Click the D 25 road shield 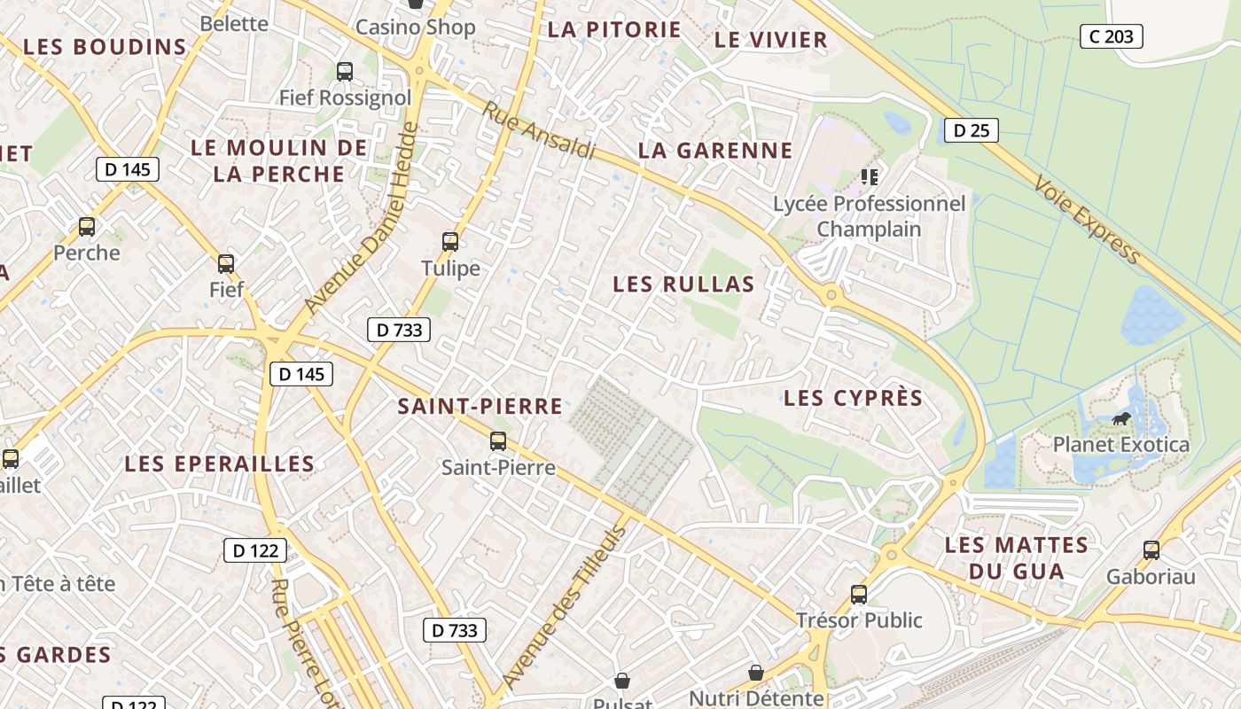coord(971,130)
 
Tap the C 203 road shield coord(1111,36)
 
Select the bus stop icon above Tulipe coord(450,241)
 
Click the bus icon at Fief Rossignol coord(345,72)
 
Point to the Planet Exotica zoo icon coord(1121,418)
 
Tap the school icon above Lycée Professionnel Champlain coord(869,177)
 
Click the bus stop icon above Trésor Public coord(858,594)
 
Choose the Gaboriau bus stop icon coord(1151,549)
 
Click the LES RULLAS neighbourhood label coord(683,284)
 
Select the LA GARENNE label coord(715,151)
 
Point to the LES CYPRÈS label coord(853,399)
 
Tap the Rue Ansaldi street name coord(539,131)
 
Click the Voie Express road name coord(1086,219)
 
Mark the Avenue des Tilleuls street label coord(564,606)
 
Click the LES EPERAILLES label coord(219,464)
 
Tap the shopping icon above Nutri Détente coord(756,674)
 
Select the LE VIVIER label coord(770,40)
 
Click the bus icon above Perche coord(87,227)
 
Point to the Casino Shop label coord(415,27)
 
